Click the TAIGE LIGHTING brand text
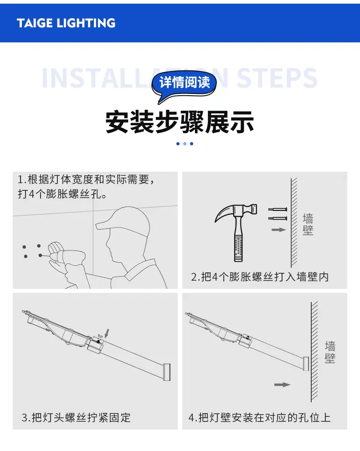[66, 23]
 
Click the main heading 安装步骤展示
[180, 122]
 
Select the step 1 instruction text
[86, 187]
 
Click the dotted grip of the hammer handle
[238, 248]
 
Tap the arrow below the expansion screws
[278, 230]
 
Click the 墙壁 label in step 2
[308, 224]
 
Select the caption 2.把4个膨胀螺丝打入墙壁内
[260, 277]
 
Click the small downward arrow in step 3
[107, 333]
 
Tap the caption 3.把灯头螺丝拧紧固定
[76, 417]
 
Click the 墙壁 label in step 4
[330, 352]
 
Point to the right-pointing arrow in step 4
[282, 384]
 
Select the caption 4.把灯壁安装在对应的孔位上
[260, 417]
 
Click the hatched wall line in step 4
[314, 352]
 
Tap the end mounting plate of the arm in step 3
[167, 372]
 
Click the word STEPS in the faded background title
[277, 78]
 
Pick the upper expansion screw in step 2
[278, 209]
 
